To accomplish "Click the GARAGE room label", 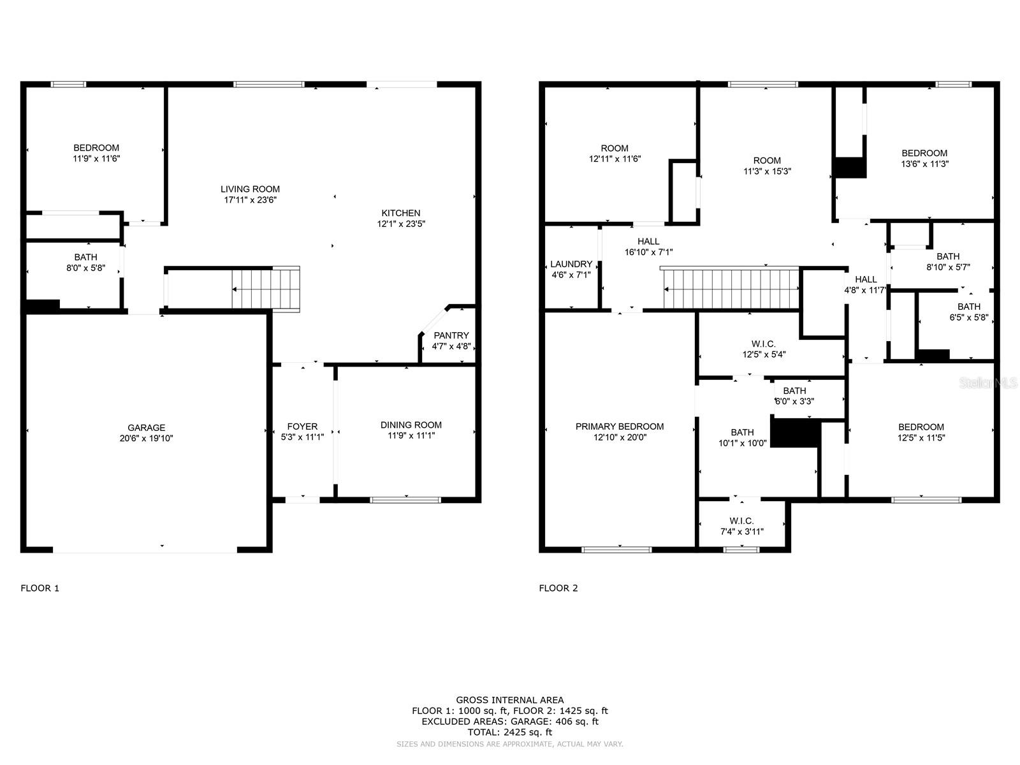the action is click(x=147, y=427).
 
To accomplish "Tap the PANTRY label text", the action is click(x=451, y=335).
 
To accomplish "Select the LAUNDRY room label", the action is click(x=571, y=264).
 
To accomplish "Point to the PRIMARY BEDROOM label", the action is click(x=620, y=426).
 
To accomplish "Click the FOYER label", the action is click(x=303, y=426).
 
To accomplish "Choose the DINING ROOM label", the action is click(x=411, y=425).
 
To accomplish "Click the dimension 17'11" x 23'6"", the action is click(x=251, y=200).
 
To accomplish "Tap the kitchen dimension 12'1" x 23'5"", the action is click(x=401, y=224).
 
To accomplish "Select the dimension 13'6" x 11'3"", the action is click(x=925, y=163).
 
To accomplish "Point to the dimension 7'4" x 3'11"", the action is click(x=741, y=532).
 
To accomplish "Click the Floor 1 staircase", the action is click(x=266, y=289).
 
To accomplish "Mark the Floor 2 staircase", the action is click(x=731, y=288).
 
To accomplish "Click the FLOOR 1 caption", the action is click(x=40, y=588).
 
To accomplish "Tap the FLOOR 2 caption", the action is click(x=558, y=588).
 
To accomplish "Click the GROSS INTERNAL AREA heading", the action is click(x=510, y=700).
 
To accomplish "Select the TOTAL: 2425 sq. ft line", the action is click(x=510, y=732).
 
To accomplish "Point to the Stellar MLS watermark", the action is click(x=988, y=382).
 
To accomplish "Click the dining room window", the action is click(x=405, y=500).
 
